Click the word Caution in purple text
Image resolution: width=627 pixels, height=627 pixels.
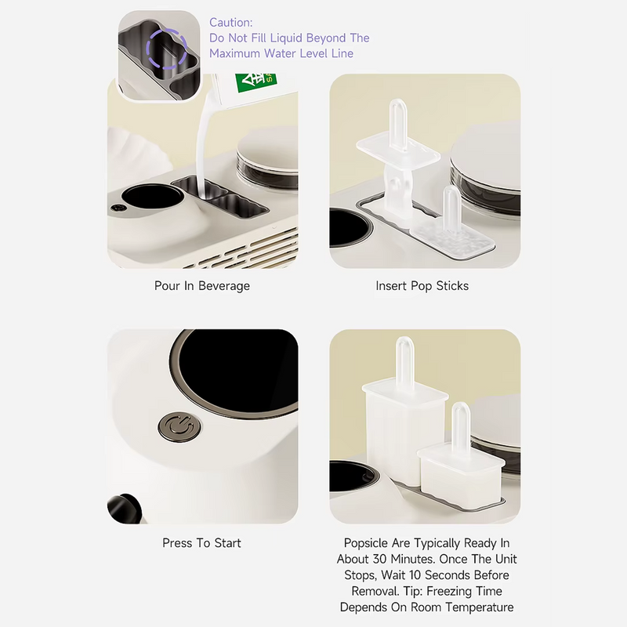click(230, 23)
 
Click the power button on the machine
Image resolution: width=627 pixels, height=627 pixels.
click(179, 427)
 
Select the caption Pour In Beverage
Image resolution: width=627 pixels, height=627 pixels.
click(202, 285)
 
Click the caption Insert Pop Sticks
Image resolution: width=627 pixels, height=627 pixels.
click(422, 285)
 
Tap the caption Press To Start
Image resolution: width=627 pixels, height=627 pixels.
click(201, 542)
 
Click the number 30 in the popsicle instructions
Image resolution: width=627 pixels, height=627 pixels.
click(380, 559)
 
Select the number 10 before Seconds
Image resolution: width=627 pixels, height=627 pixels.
click(415, 574)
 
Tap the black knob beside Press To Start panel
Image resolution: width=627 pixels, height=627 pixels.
click(124, 508)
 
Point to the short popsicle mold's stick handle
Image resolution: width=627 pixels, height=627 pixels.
click(461, 426)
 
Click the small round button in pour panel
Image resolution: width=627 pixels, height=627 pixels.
click(118, 208)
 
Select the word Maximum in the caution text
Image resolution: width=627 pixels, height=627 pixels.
click(234, 53)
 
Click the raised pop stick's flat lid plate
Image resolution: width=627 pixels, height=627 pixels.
click(398, 150)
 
